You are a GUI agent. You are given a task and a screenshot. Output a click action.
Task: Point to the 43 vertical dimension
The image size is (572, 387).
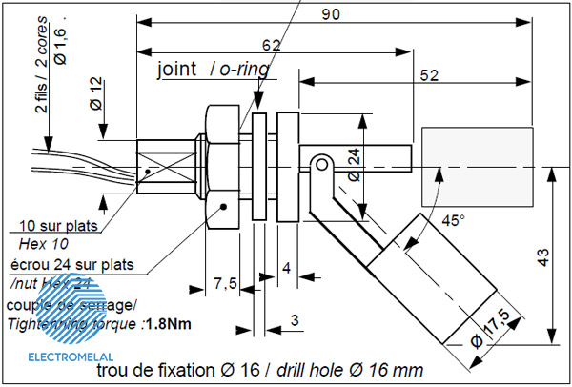pyautogui.click(x=541, y=257)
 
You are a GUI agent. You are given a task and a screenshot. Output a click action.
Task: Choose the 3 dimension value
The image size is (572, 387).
pyautogui.click(x=295, y=321)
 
